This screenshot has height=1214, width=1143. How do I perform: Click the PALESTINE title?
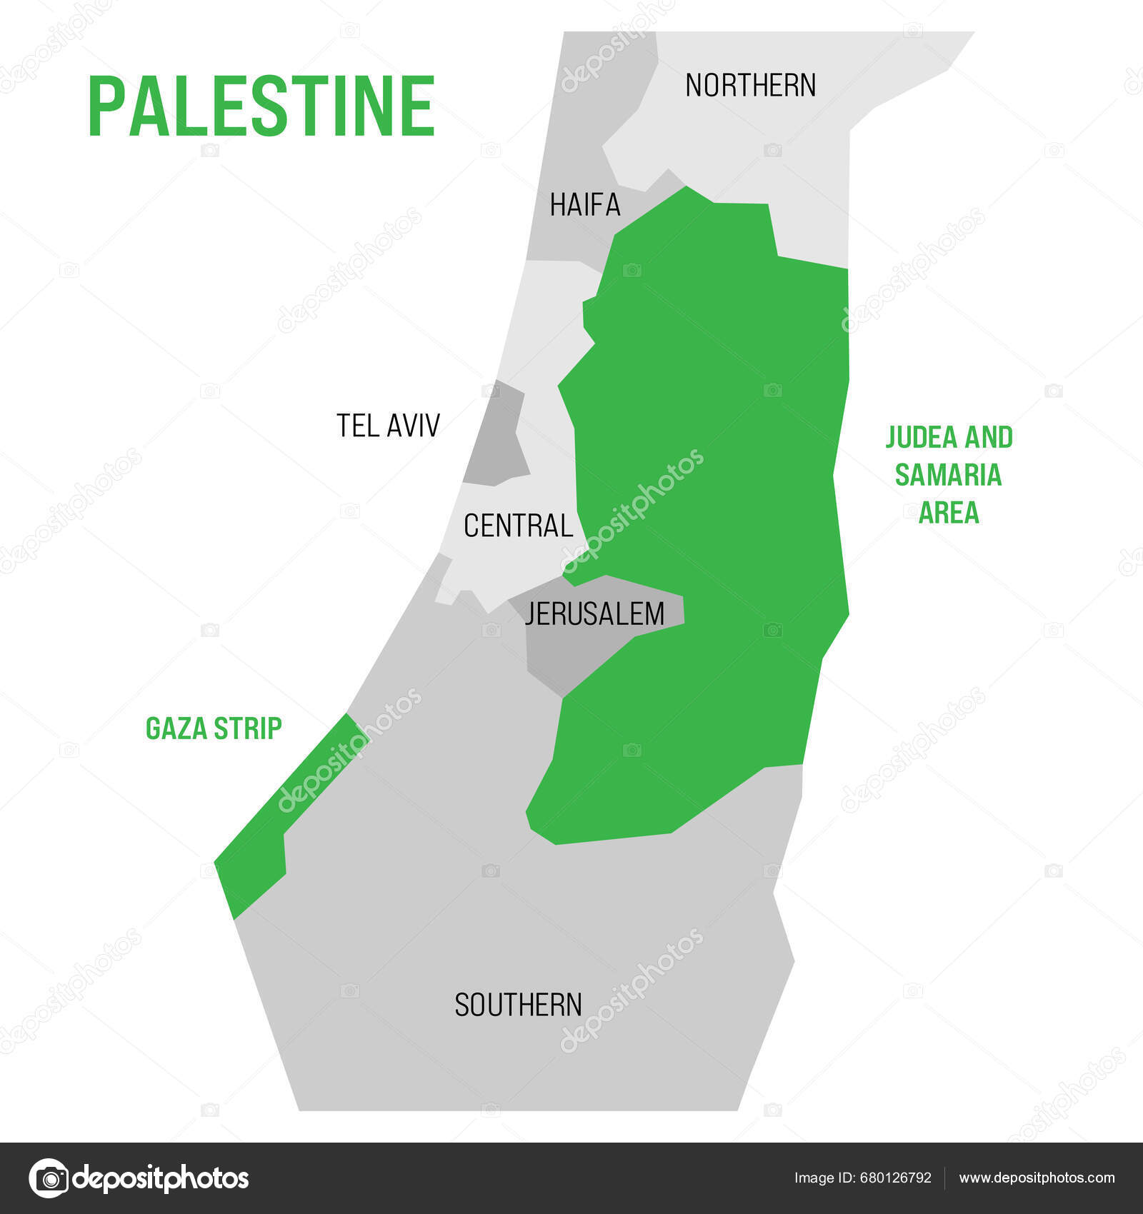[x=261, y=106]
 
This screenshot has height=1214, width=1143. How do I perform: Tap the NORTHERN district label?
[x=750, y=86]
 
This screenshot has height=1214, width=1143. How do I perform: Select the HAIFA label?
[x=585, y=206]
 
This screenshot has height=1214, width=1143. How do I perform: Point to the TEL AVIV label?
[x=388, y=426]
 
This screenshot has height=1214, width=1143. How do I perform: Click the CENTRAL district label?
[x=518, y=526]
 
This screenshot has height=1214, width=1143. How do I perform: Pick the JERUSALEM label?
[x=594, y=614]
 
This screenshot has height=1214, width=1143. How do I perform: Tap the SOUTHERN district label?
[x=518, y=1005]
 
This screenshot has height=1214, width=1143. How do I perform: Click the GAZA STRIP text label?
[x=214, y=728]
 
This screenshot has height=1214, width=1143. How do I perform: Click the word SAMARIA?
[x=948, y=476]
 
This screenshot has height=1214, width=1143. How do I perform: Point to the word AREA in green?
[x=948, y=513]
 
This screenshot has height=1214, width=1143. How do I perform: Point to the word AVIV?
[x=414, y=426]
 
